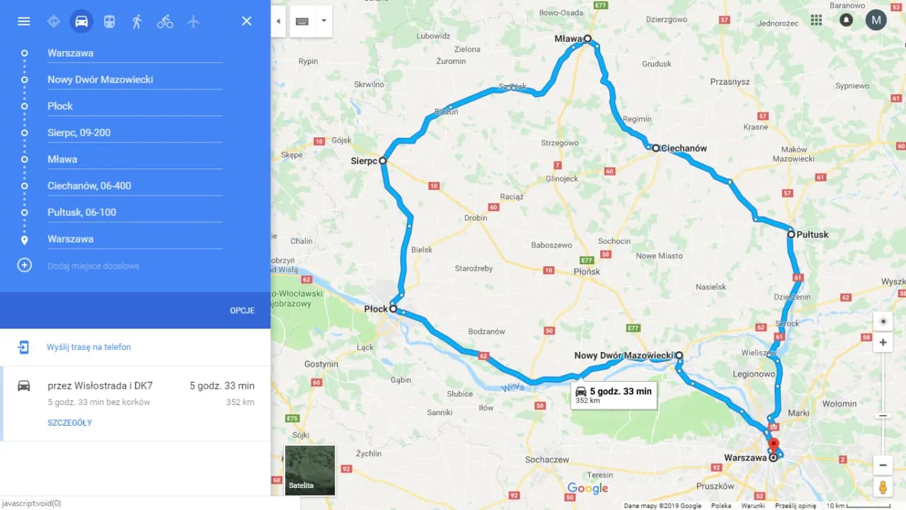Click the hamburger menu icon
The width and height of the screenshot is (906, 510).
23,21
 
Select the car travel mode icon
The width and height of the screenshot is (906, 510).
81,21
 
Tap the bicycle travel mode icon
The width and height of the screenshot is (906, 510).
165,21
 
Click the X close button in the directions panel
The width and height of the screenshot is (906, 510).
246,21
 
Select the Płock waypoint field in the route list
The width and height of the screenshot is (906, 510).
134,106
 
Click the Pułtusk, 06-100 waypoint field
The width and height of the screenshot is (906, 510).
134,212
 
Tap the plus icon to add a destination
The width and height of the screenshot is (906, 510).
24,266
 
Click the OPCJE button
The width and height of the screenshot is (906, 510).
242,310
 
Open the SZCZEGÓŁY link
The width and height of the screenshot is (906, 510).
69,423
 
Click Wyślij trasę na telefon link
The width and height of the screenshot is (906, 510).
88,347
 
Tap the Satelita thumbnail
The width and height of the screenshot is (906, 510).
310,470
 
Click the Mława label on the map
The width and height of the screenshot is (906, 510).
568,39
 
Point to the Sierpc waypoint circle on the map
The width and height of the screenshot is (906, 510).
383,161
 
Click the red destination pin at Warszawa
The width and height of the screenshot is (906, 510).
774,446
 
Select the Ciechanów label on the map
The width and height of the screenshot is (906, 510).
684,148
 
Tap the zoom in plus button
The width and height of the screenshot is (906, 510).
883,343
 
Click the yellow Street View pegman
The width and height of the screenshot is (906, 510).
883,487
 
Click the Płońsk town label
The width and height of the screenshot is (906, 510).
587,271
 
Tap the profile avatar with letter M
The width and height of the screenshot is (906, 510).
876,20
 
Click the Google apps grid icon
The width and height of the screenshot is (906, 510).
817,20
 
